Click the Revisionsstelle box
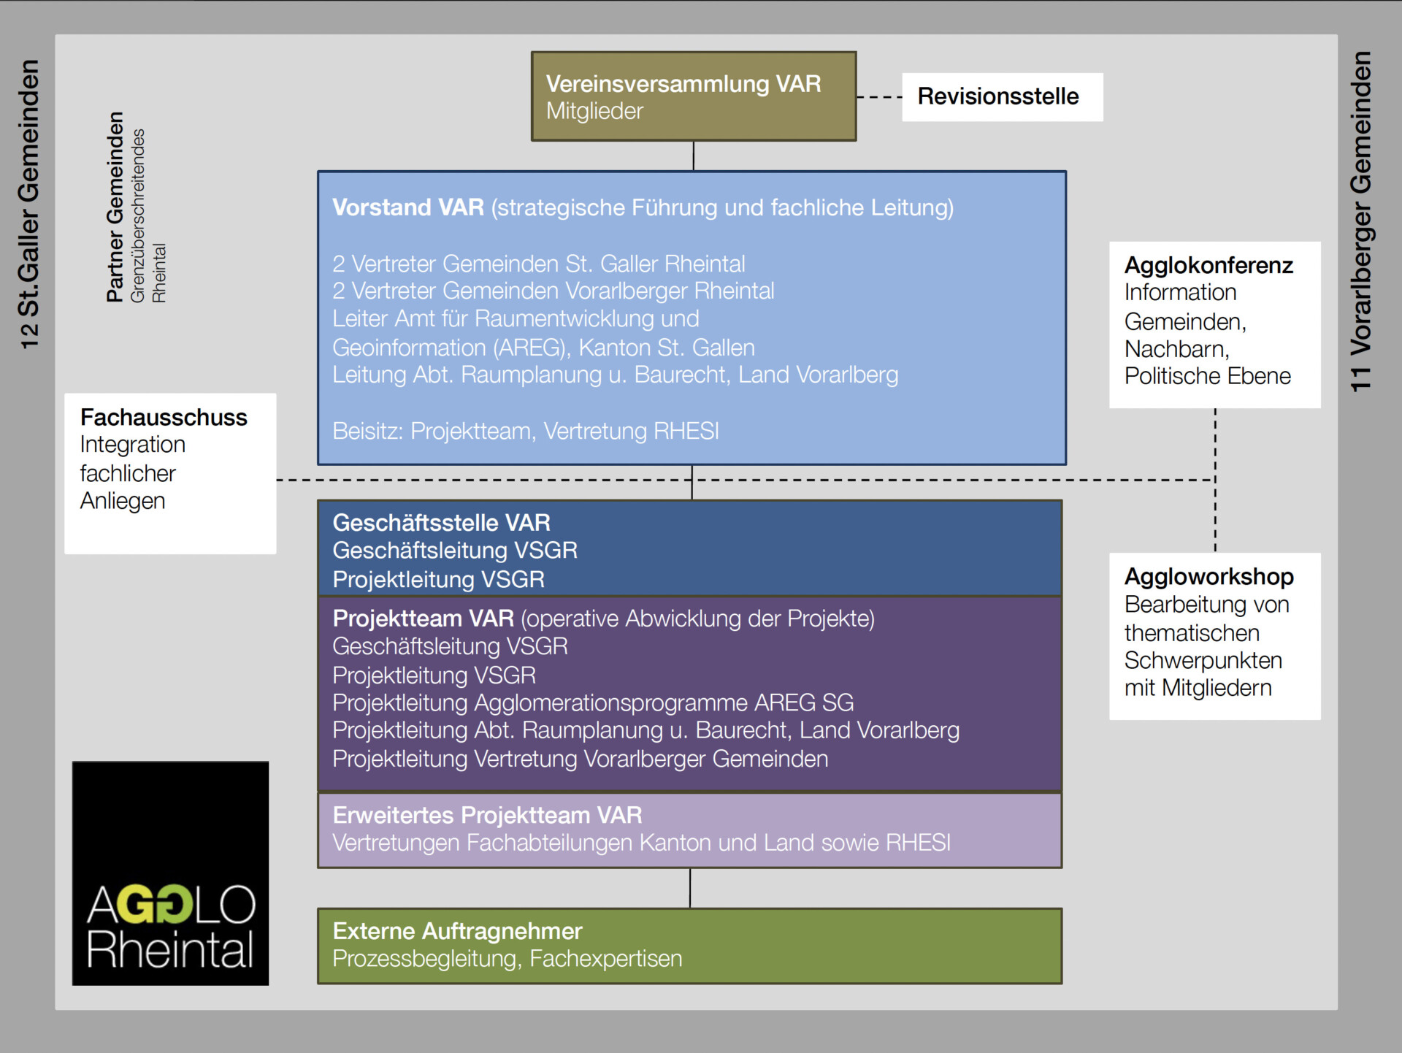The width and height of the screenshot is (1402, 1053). [x=1002, y=96]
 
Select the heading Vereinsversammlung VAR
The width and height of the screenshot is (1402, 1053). [x=683, y=84]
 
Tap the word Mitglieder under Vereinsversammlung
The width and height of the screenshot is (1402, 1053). [x=594, y=112]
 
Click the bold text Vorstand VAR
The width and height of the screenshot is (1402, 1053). [x=407, y=207]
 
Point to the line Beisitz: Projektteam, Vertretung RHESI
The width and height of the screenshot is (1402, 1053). [x=525, y=431]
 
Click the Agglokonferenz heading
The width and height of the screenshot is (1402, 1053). [x=1208, y=265]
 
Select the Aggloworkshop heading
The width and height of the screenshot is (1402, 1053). [x=1208, y=577]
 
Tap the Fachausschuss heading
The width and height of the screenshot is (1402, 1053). [x=164, y=418]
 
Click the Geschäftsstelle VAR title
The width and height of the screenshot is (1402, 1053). [x=441, y=523]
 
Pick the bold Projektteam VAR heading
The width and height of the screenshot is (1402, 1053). [x=423, y=619]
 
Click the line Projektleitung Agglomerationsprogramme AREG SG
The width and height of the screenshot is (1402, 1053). [x=593, y=702]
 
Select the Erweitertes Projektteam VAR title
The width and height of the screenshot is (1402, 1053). [x=487, y=815]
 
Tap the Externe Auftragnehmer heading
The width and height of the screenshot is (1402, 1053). [x=457, y=931]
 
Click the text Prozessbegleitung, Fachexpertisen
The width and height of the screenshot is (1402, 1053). [x=507, y=959]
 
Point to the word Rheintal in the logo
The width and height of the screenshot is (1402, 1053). [x=170, y=949]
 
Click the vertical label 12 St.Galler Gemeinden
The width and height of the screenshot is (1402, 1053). [x=29, y=204]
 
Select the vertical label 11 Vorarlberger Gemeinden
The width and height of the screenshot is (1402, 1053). [x=1361, y=221]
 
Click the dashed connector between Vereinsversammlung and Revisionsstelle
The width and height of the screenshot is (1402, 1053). [x=879, y=96]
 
